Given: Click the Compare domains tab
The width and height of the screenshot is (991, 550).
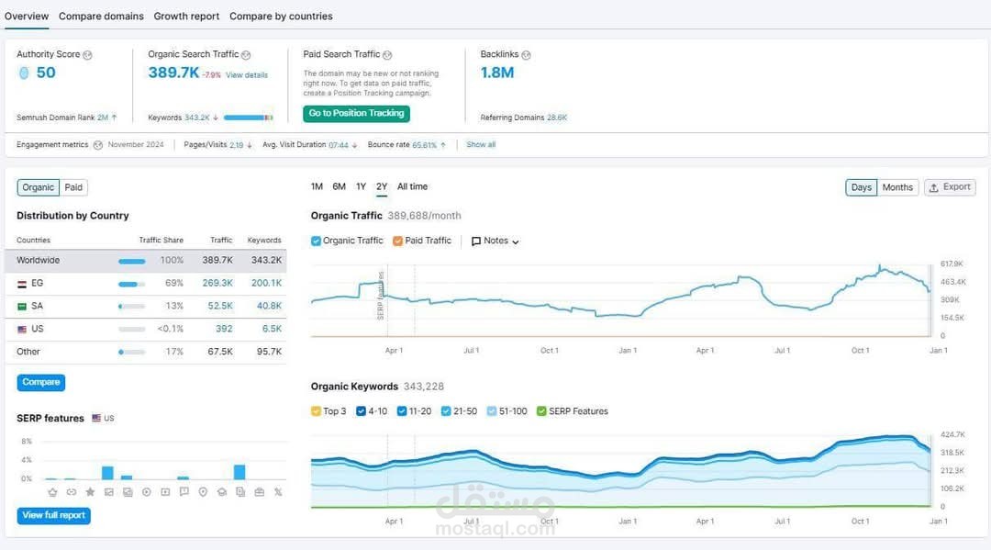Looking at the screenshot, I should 101,17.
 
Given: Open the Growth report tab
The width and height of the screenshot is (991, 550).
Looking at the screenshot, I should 186,17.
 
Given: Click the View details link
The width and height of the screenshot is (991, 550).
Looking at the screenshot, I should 247,75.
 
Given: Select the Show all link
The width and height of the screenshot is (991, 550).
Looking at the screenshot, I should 481,145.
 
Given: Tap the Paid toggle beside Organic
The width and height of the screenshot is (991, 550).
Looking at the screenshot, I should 73,187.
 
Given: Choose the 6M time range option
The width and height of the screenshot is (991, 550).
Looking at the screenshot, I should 339,186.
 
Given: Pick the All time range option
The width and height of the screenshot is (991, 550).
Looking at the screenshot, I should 412,186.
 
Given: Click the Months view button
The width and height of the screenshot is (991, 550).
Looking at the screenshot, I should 897,187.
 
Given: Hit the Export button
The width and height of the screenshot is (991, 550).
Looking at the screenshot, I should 950,187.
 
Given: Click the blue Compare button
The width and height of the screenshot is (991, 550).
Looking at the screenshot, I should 41,382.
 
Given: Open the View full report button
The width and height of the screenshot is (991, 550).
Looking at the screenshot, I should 54,515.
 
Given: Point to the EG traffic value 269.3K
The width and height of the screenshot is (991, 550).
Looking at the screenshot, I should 217,283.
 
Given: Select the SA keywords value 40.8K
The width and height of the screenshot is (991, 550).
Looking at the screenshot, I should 269,306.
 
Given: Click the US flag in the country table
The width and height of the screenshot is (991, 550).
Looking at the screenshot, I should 22,329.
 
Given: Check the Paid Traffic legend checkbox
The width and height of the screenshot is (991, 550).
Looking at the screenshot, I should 398,241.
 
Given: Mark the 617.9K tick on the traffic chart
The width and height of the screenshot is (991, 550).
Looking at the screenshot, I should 952,264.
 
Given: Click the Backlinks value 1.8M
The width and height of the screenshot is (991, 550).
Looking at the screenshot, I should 497,73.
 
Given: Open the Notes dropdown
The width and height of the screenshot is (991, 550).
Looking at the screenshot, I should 495,241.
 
